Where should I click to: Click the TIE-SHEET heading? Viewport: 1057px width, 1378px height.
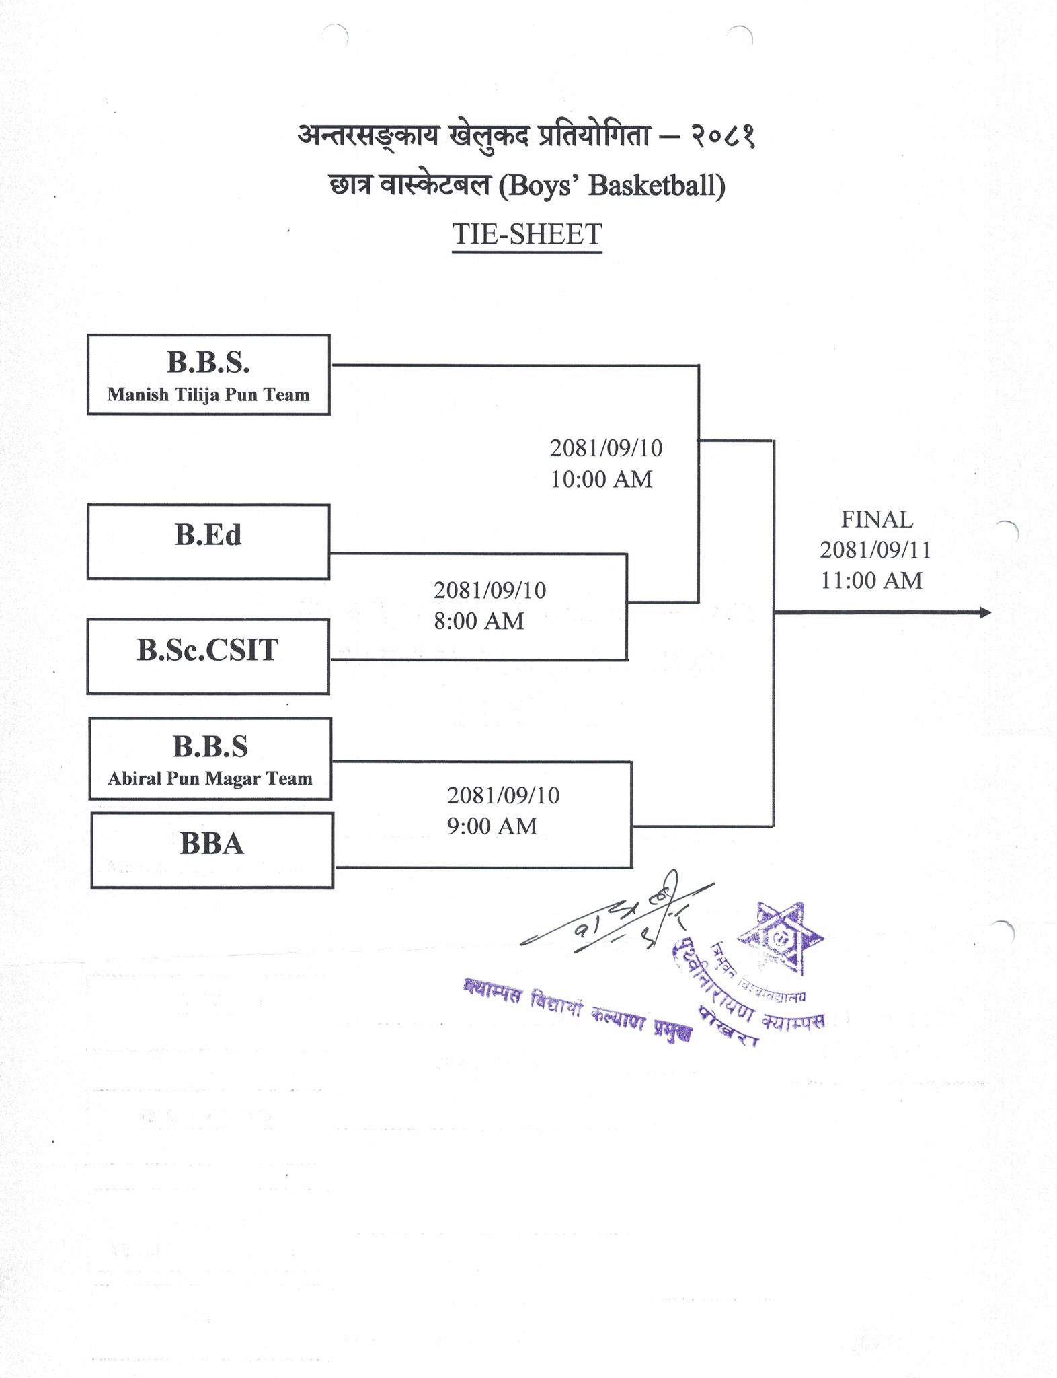click(527, 234)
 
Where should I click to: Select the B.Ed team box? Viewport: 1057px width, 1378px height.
click(208, 541)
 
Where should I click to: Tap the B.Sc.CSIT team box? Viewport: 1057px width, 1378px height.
click(208, 656)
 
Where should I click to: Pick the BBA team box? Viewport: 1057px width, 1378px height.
click(212, 850)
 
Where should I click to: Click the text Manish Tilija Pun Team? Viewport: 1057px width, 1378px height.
click(208, 394)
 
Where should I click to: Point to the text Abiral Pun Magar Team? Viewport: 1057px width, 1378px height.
click(210, 778)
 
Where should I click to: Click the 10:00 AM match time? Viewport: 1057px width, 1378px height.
click(602, 479)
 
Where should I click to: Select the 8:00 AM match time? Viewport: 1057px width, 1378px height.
click(479, 620)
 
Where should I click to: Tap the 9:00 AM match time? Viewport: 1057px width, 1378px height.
click(492, 826)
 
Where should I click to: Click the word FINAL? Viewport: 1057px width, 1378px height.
click(877, 519)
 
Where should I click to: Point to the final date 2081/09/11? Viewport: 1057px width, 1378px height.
click(875, 550)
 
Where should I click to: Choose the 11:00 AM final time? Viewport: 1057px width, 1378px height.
click(871, 580)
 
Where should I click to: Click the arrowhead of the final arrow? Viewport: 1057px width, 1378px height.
click(985, 612)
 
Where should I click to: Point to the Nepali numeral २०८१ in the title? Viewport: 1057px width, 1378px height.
click(722, 137)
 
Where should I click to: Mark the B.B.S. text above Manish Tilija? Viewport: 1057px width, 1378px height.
click(208, 363)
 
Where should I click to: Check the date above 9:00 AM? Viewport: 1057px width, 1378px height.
click(503, 795)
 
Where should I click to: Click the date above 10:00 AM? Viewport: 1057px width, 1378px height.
click(606, 448)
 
